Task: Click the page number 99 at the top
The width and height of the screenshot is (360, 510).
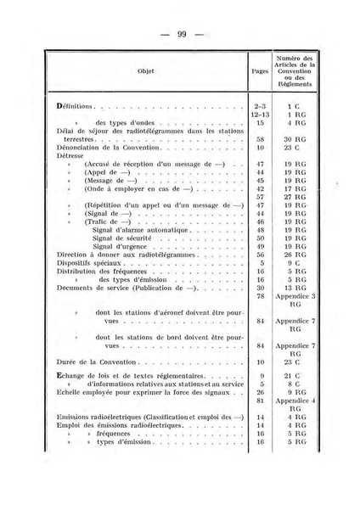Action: [x=181, y=34]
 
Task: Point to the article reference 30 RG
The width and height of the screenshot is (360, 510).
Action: [x=295, y=139]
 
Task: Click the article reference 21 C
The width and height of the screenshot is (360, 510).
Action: [x=295, y=374]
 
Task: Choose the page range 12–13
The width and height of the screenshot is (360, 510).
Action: [x=260, y=115]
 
